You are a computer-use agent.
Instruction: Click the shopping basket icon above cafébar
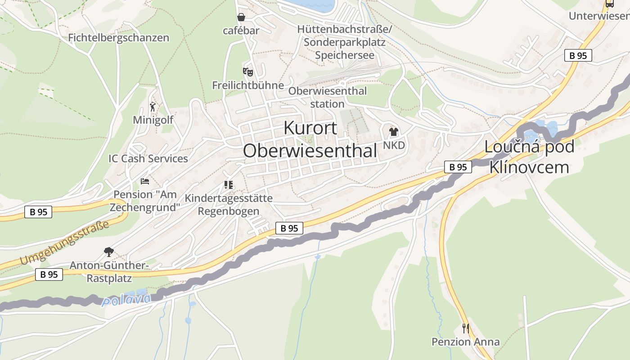pyautogui.click(x=241, y=17)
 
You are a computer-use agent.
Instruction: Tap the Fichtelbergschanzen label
pyautogui.click(x=118, y=38)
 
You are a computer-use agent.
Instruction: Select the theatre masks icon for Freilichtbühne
pyautogui.click(x=247, y=72)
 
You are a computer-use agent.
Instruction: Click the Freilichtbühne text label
pyautogui.click(x=248, y=85)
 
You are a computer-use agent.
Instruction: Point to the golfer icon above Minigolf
pyautogui.click(x=153, y=107)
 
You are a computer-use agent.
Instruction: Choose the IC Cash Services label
pyautogui.click(x=148, y=159)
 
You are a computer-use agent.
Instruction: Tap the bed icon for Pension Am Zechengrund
pyautogui.click(x=145, y=181)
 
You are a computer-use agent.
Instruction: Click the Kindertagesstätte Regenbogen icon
pyautogui.click(x=228, y=185)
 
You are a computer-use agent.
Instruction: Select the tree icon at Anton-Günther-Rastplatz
pyautogui.click(x=108, y=252)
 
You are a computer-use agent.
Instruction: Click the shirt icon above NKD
pyautogui.click(x=394, y=132)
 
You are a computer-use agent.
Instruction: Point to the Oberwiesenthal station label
pyautogui.click(x=327, y=97)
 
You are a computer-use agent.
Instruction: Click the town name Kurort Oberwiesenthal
pyautogui.click(x=310, y=139)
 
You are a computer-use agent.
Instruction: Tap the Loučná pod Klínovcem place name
pyautogui.click(x=529, y=157)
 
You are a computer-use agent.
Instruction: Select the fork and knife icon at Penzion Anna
pyautogui.click(x=465, y=328)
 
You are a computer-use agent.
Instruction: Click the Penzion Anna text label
pyautogui.click(x=465, y=342)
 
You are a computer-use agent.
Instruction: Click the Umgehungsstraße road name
pyautogui.click(x=64, y=243)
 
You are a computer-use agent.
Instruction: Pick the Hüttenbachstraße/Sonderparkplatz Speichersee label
pyautogui.click(x=345, y=42)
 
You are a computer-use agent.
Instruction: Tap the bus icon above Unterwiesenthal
pyautogui.click(x=609, y=4)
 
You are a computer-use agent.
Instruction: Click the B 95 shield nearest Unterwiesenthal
pyautogui.click(x=578, y=56)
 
